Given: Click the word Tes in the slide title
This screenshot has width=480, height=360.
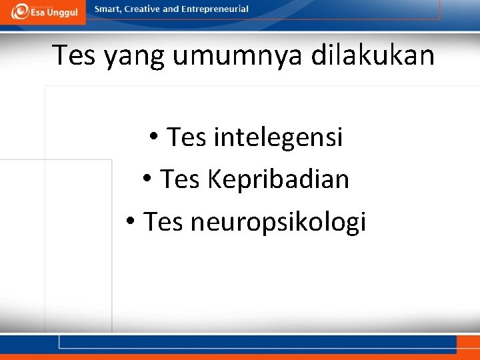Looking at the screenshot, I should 75,55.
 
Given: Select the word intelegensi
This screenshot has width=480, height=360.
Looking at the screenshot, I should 278,137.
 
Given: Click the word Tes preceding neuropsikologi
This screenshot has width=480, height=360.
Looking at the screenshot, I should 163,221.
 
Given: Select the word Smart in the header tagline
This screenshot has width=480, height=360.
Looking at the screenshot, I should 108,9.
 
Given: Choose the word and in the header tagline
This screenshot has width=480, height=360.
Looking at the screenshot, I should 171,9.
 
